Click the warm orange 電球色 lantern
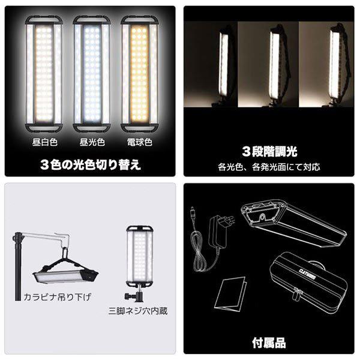[x=134, y=75]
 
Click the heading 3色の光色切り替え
[x=90, y=164]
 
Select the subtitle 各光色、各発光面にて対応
[x=269, y=166]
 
